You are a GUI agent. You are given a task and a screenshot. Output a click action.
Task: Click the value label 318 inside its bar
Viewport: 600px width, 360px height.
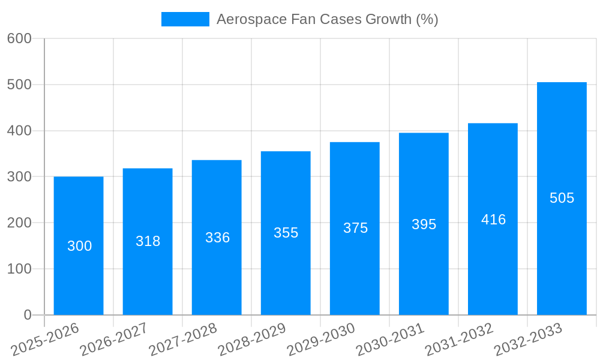(x=148, y=241)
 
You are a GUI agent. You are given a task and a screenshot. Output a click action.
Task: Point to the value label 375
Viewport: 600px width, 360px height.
(x=355, y=228)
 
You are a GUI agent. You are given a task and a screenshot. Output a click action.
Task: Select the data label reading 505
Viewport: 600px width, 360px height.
(x=562, y=198)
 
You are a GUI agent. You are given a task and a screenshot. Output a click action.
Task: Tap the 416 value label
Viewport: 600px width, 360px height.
(x=493, y=220)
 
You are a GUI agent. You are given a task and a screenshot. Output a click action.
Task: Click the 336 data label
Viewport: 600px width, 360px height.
(x=217, y=238)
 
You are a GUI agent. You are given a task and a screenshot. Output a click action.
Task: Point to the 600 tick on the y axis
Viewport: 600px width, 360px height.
(x=19, y=38)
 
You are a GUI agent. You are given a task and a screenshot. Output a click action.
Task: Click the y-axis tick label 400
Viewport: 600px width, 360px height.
(x=19, y=131)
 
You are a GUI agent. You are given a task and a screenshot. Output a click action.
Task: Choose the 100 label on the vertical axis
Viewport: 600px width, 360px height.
(x=19, y=269)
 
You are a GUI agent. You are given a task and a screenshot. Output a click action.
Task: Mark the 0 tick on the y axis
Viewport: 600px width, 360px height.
(x=27, y=315)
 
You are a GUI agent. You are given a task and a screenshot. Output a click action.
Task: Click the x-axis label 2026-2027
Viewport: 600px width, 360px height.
(x=114, y=339)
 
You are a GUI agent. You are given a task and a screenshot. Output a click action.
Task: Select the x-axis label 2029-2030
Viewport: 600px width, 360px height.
(x=321, y=339)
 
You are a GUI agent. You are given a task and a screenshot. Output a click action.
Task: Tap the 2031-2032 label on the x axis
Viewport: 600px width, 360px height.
(x=459, y=339)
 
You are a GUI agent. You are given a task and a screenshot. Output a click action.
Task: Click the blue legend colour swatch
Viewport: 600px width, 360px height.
(x=185, y=19)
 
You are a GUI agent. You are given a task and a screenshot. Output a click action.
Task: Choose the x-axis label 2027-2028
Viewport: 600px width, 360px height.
(x=183, y=339)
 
